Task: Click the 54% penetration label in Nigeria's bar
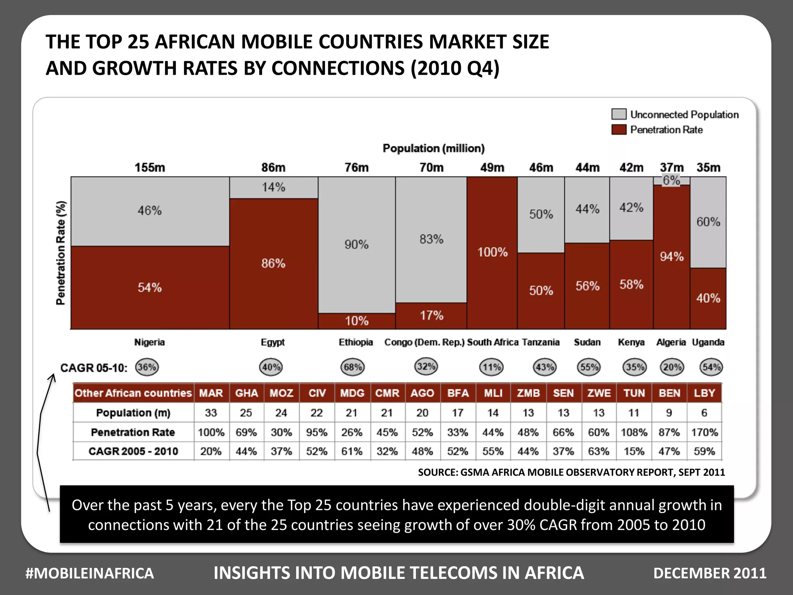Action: (x=149, y=287)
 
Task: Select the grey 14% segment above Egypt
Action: (x=273, y=187)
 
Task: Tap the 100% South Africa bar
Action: (x=492, y=252)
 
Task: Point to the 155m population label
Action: (x=149, y=167)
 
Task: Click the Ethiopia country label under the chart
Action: (x=355, y=342)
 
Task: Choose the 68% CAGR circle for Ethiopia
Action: (x=352, y=367)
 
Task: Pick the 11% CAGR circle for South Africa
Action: (x=491, y=367)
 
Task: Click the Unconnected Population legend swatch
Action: (x=619, y=114)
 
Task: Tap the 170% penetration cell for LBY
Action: (x=704, y=432)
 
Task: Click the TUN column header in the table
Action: (x=634, y=393)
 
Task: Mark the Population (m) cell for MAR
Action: (x=211, y=413)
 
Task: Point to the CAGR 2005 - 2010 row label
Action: (x=133, y=451)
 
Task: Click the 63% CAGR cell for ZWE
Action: (x=599, y=451)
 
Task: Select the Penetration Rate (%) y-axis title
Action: (x=61, y=253)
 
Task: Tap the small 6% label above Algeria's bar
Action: (x=671, y=180)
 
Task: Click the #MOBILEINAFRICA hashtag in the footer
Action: (x=89, y=573)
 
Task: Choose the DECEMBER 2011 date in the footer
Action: (x=710, y=573)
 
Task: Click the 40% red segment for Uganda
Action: (x=708, y=298)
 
